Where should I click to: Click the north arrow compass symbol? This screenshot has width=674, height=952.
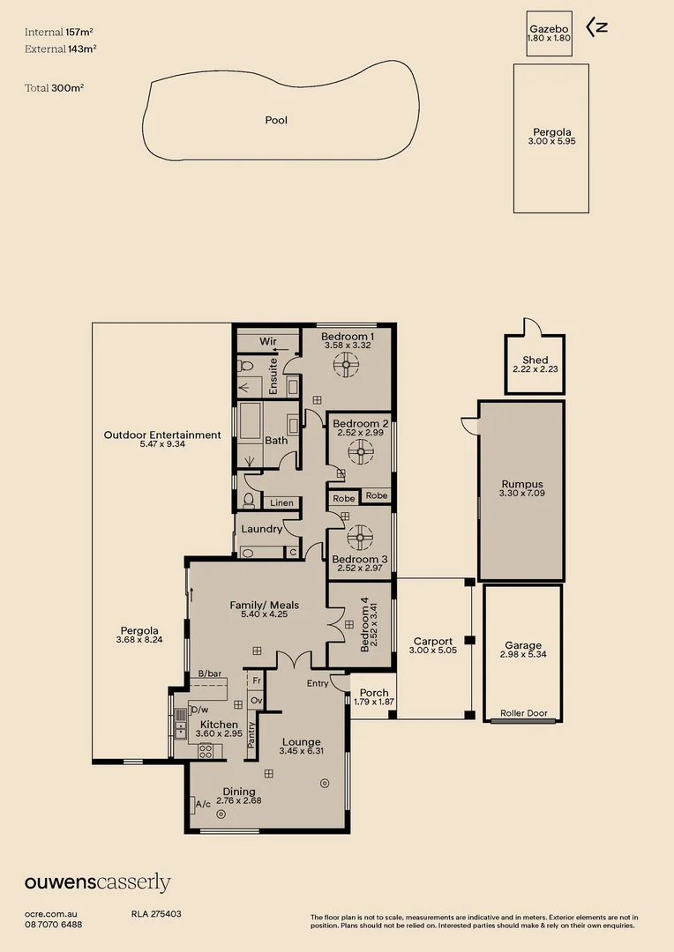click(597, 26)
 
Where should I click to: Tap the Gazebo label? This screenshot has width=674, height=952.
click(549, 27)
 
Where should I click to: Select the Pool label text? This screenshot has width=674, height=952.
click(276, 120)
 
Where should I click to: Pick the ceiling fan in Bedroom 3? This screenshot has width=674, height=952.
click(360, 538)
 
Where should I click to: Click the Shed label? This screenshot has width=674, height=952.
click(535, 360)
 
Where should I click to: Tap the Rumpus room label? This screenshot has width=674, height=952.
click(522, 484)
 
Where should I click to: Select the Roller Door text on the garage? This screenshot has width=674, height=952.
click(522, 713)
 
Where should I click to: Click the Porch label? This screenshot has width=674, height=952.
click(374, 693)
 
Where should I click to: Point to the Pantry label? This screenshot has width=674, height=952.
click(251, 735)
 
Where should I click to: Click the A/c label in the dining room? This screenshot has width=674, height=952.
click(203, 804)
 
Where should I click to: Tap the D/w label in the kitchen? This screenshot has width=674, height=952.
click(199, 710)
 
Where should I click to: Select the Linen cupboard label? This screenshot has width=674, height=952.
click(281, 502)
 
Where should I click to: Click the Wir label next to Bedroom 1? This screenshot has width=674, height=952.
click(267, 340)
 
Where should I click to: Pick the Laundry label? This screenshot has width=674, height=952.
click(262, 529)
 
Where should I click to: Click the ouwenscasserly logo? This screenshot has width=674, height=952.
click(97, 882)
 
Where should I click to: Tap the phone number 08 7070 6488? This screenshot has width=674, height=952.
click(54, 924)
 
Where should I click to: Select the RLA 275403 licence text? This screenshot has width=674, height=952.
click(156, 914)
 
